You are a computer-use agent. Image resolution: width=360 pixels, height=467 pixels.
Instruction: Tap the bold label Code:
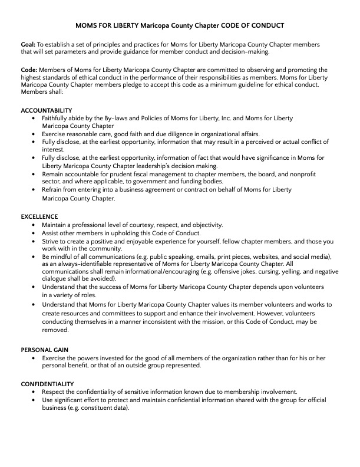(29, 70)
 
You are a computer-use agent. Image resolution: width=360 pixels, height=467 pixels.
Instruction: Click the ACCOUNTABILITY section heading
(46, 111)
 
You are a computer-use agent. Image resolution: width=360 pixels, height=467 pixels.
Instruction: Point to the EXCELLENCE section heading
(39, 217)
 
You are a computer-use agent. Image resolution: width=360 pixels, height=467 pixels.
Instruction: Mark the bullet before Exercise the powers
(35, 358)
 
